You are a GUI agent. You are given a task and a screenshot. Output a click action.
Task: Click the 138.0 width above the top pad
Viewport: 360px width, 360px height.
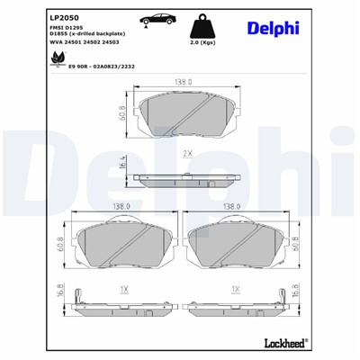pyautogui.click(x=184, y=82)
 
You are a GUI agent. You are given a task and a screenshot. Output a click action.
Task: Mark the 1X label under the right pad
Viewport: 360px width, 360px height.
pyautogui.click(x=235, y=290)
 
